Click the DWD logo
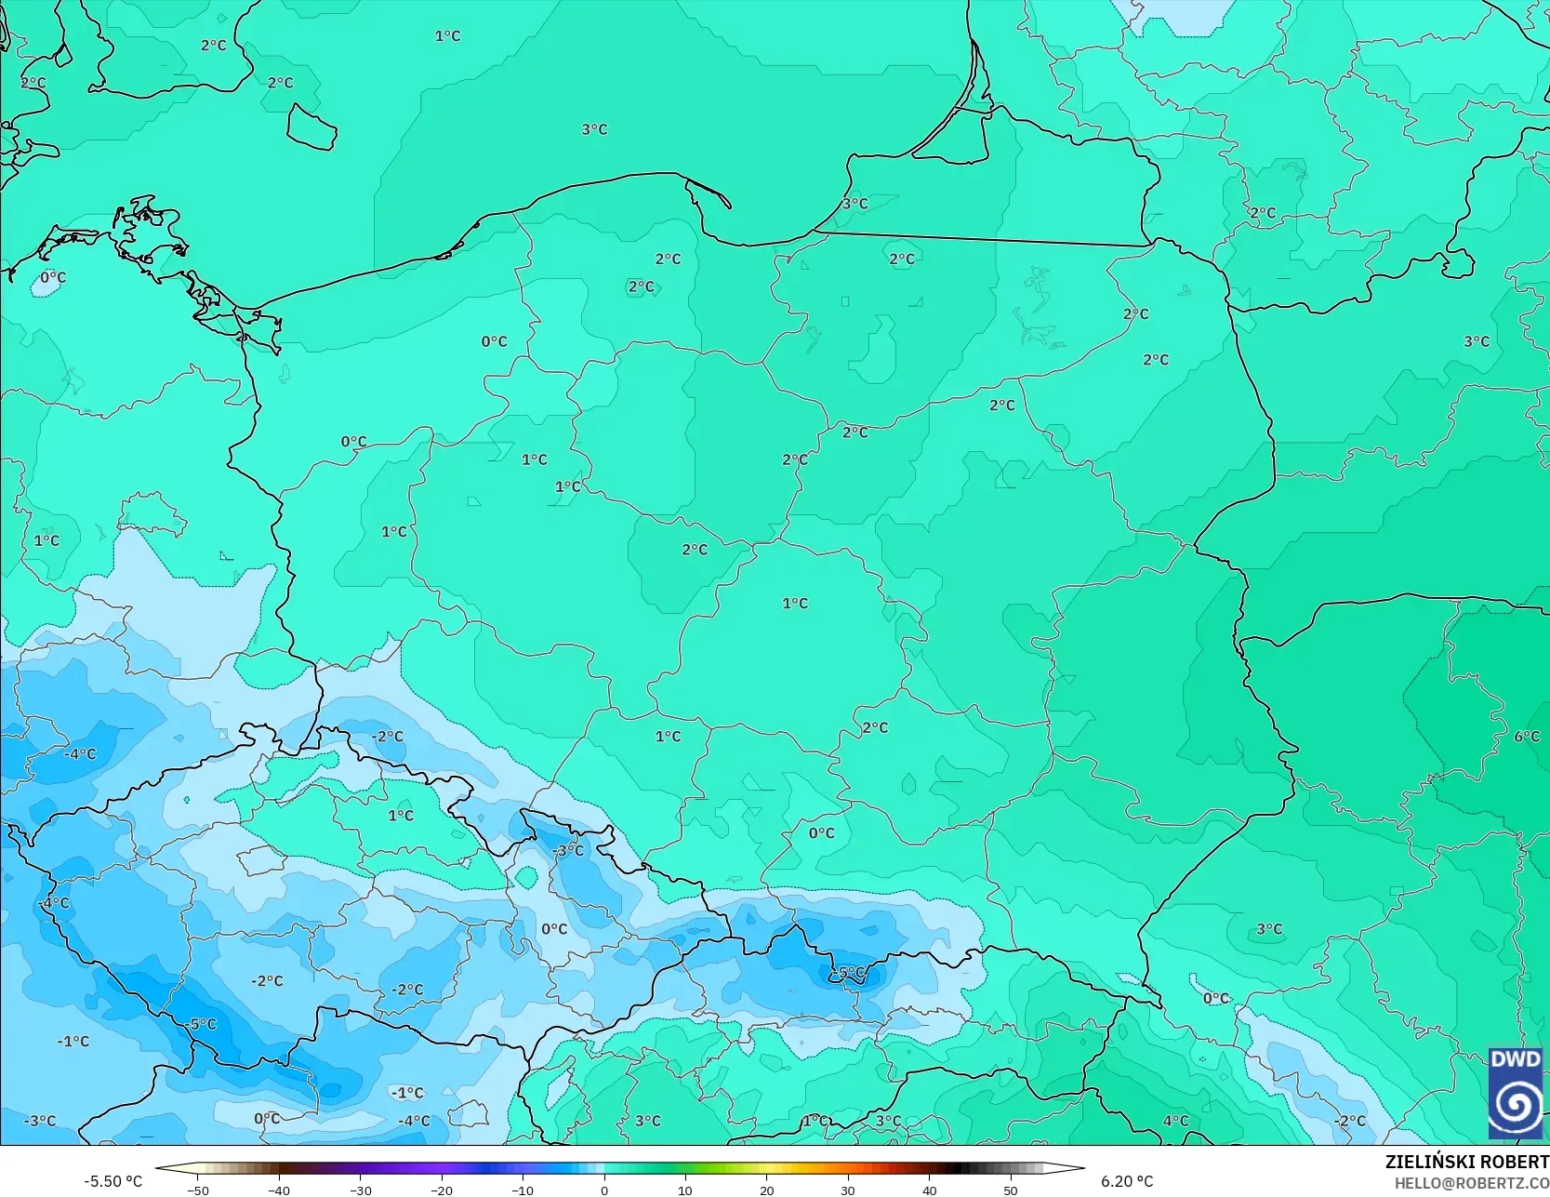coord(1515,1093)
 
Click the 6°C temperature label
coord(1527,737)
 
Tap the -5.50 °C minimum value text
coord(113,1181)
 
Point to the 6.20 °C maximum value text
coord(1127,1181)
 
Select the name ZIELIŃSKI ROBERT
coord(1466,1163)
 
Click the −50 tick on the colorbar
coord(197,1190)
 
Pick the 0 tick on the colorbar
coord(604,1190)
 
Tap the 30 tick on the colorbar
coord(848,1190)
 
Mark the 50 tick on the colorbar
coord(1011,1190)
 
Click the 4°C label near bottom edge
coord(1175,1121)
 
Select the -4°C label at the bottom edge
coord(414,1121)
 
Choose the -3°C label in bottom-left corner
coord(40,1121)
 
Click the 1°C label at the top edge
coord(447,36)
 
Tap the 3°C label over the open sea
coord(594,129)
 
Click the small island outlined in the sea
coord(311,126)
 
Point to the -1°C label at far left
coord(73,1041)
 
